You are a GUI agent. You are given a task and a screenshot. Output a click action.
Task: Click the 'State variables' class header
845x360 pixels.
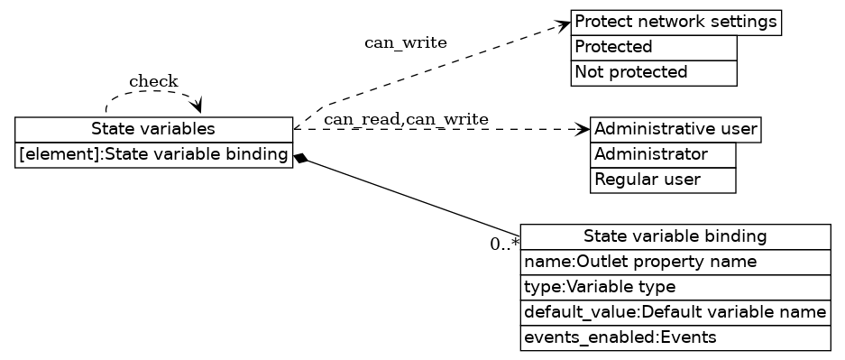(x=153, y=129)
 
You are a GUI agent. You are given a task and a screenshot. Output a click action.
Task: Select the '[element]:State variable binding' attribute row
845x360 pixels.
(x=153, y=155)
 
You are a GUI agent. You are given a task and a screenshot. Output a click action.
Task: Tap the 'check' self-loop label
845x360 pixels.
(x=153, y=82)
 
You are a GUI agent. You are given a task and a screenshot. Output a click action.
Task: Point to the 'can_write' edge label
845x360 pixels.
(x=405, y=42)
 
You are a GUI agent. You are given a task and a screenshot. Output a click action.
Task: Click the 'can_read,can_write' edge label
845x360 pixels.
(x=406, y=119)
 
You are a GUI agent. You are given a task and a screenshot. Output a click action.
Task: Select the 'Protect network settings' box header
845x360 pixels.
(x=675, y=22)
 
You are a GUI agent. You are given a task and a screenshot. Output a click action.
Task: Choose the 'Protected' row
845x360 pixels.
(x=654, y=47)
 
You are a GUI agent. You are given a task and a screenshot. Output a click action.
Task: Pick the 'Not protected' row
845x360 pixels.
(x=654, y=72)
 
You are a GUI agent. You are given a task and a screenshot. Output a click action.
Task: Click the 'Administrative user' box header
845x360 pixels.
(x=675, y=129)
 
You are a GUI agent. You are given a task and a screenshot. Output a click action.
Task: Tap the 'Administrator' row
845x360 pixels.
(x=663, y=154)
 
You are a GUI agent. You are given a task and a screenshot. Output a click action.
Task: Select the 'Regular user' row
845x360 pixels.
(x=663, y=180)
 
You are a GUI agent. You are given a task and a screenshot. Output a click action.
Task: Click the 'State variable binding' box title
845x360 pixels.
(x=675, y=236)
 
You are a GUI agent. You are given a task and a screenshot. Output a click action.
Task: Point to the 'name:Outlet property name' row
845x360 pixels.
(x=675, y=262)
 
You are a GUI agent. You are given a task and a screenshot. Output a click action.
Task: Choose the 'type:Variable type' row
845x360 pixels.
(x=675, y=287)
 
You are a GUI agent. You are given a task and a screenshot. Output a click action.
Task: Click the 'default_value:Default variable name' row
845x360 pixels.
(x=675, y=312)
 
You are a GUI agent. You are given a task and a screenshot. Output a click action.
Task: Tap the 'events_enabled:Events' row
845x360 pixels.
(x=675, y=337)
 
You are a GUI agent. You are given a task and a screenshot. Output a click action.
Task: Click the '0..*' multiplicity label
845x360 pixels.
(x=504, y=244)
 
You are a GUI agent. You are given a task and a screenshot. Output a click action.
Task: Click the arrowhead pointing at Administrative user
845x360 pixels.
(x=583, y=129)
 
